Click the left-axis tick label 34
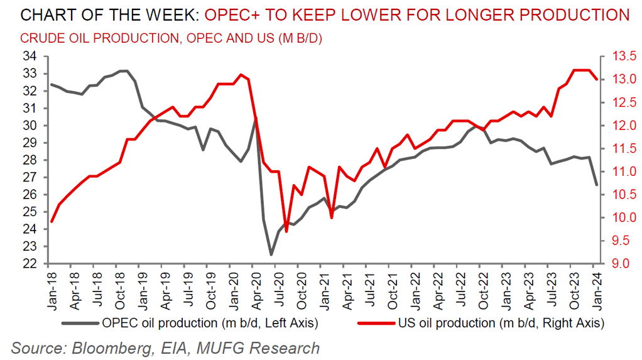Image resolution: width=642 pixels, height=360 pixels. [30, 57]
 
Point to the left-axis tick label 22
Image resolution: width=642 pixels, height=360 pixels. [30, 264]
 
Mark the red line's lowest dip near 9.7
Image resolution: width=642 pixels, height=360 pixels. [286, 231]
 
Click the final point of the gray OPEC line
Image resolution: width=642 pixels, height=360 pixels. [596, 185]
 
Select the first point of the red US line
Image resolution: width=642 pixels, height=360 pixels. [52, 221]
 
